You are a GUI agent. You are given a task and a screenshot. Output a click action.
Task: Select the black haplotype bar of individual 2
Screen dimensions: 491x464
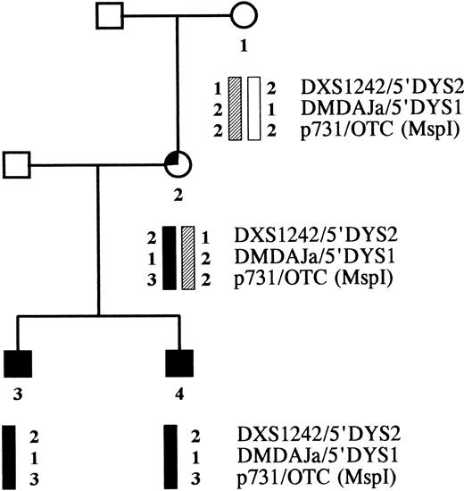coord(169,258)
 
